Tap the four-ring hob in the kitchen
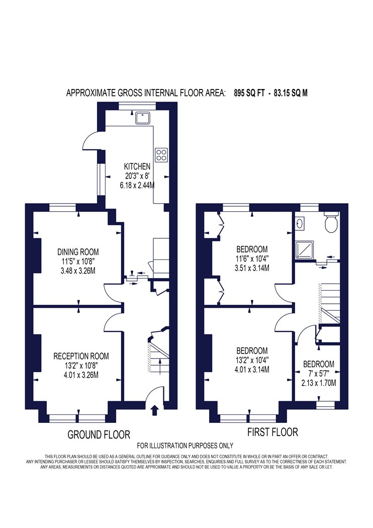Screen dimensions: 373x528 161,154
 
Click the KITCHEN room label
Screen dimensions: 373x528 137,166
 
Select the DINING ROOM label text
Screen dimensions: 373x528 78,252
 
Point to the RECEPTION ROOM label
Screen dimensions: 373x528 81,356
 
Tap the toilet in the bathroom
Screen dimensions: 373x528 331,222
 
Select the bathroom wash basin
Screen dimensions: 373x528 300,223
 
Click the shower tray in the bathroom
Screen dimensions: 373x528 304,250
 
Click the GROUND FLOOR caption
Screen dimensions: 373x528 99,435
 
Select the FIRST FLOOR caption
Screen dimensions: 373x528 272,432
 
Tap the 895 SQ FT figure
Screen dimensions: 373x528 249,93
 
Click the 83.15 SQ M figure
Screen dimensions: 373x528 291,93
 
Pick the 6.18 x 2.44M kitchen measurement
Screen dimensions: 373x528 137,185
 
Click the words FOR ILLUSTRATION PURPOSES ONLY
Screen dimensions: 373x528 185,446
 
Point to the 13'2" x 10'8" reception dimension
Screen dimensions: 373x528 81,366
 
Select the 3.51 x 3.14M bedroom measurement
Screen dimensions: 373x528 252,268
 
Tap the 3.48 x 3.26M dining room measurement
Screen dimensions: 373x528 78,271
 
